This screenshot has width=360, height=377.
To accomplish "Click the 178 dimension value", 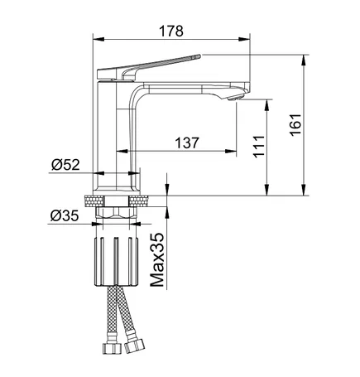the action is click(171, 31).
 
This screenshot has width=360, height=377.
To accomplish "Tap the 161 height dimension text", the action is click(295, 124).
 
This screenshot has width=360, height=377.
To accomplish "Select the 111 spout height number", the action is click(259, 147).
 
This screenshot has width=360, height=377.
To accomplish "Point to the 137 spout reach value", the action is click(187, 143).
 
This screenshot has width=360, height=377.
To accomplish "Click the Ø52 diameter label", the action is click(65, 165).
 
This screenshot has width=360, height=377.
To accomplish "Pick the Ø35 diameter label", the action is click(65, 215).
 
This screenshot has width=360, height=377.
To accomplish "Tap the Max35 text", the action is click(157, 260).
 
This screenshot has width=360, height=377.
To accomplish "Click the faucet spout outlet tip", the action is click(236, 98).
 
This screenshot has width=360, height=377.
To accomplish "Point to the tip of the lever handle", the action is click(199, 56).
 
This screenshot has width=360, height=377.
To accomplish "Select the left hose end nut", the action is click(112, 348).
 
